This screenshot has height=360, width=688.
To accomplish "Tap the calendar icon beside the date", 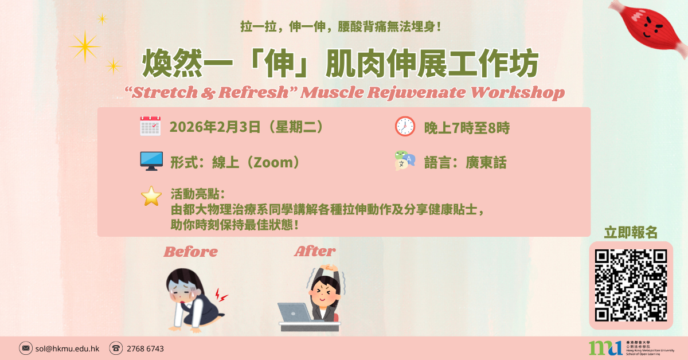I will click(x=150, y=126).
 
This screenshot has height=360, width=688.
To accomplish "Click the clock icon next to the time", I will click(x=405, y=126).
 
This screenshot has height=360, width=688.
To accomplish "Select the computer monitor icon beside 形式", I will click(x=151, y=161).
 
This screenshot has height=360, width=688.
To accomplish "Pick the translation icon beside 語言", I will click(x=404, y=161).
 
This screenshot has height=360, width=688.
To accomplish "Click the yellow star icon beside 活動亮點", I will click(x=151, y=196).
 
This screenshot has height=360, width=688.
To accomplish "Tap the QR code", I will click(x=631, y=285).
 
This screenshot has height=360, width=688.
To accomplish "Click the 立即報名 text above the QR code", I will click(x=631, y=232).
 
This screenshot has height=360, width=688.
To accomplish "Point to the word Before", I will click(x=191, y=251).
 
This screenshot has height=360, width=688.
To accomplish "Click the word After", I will click(x=315, y=251).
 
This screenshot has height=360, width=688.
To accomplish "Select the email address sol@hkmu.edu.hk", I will click(x=68, y=348).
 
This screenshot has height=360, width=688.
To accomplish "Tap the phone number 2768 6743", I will click(x=145, y=348).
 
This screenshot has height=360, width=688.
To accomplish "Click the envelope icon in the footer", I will click(x=26, y=348).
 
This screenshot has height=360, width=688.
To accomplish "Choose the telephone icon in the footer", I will click(x=116, y=348).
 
